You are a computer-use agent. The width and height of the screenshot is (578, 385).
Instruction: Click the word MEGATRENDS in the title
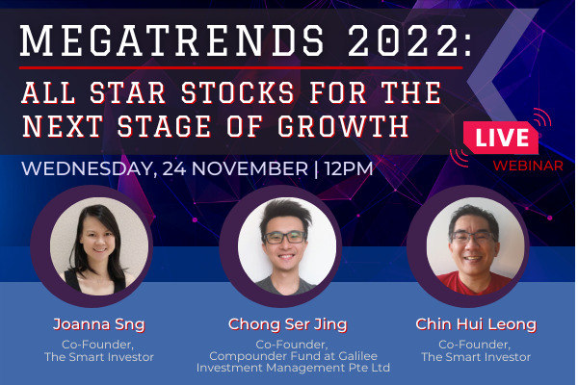click(x=172, y=40)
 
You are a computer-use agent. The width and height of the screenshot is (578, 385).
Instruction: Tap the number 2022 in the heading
click(x=404, y=40)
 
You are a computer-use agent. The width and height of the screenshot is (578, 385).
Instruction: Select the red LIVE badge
click(x=501, y=138)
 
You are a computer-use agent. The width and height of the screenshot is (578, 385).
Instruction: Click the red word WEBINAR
click(x=528, y=166)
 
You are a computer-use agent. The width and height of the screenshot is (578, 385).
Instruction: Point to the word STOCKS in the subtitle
click(x=238, y=92)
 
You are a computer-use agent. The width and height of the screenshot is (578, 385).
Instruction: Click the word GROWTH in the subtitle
click(x=343, y=126)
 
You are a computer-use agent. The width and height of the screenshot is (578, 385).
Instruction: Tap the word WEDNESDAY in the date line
click(x=87, y=168)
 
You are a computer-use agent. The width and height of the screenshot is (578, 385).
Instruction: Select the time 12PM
click(x=349, y=168)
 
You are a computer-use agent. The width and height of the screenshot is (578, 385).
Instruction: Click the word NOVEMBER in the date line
click(x=250, y=168)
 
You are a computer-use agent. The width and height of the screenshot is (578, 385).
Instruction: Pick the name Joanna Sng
click(x=99, y=324)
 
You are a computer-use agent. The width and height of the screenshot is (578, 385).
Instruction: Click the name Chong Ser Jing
click(x=287, y=324)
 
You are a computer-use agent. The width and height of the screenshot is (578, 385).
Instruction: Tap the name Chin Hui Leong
click(x=476, y=324)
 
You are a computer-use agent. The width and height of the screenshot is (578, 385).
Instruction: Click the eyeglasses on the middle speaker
click(x=285, y=238)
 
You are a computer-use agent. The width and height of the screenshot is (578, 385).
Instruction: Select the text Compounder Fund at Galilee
click(x=294, y=356)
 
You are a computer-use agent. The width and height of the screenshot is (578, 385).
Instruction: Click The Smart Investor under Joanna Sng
click(x=99, y=357)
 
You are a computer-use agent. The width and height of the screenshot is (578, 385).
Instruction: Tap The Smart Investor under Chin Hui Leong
click(x=476, y=357)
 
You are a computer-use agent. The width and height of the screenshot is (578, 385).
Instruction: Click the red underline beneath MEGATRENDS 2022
click(x=241, y=68)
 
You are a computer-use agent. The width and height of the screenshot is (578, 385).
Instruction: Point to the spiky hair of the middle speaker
click(x=286, y=215)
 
